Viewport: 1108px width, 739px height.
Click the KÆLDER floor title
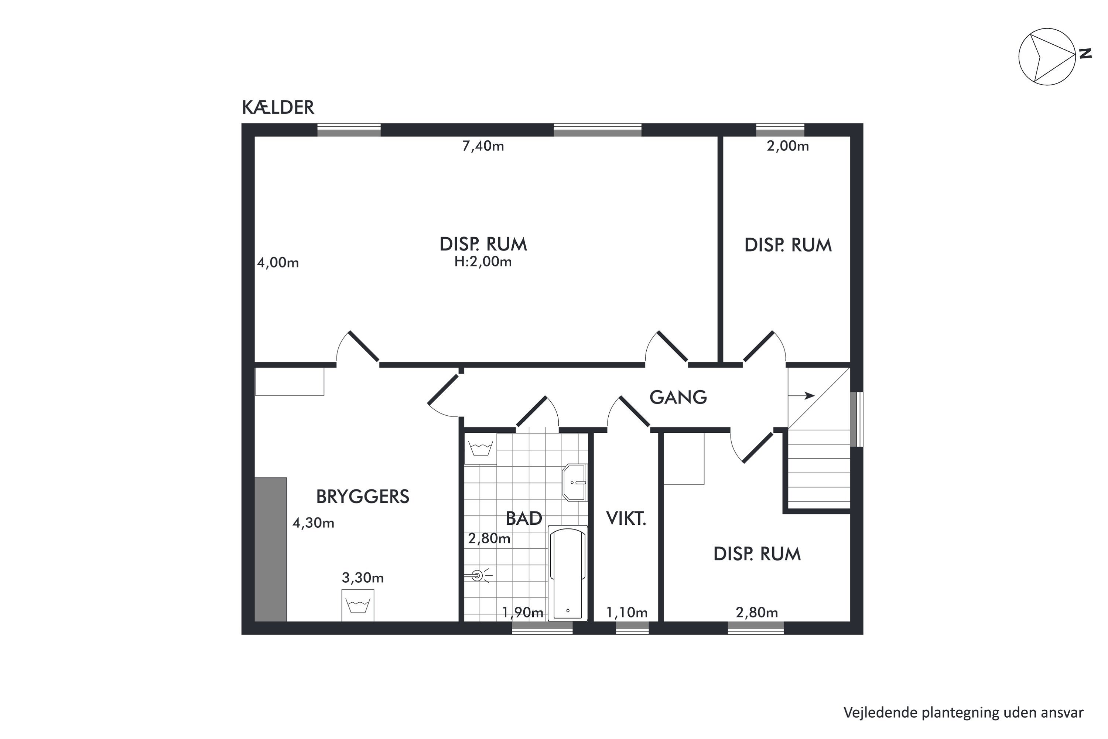[x=278, y=108]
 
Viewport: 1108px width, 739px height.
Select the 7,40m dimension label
[x=483, y=146]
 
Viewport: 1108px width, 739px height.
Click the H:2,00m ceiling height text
[x=483, y=262]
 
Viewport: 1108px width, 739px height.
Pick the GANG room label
[x=678, y=397]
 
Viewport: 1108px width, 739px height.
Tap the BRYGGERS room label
[x=362, y=497]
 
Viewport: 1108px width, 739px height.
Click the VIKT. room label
[x=626, y=518]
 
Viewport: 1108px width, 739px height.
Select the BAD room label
[x=523, y=518]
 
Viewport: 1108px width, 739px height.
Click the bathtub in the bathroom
[x=568, y=573]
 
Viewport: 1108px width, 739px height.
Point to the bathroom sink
[x=574, y=483]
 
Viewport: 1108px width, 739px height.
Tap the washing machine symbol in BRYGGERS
[x=358, y=605]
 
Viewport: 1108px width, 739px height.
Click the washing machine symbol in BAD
[x=481, y=448]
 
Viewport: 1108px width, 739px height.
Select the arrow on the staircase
[x=801, y=395]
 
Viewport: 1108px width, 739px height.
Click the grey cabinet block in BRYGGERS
[x=271, y=549]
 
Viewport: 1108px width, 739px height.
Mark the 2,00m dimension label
[x=788, y=146]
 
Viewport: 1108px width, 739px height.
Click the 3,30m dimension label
[x=363, y=578]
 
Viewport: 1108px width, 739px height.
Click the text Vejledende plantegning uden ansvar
[x=963, y=713]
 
